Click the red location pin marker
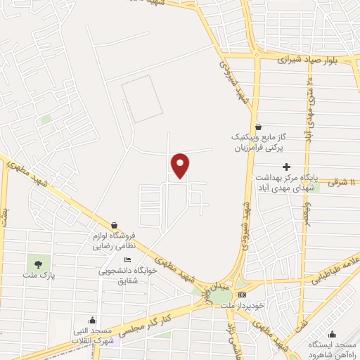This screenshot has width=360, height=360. click(181, 165)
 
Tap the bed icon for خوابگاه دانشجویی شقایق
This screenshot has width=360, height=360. click(127, 259)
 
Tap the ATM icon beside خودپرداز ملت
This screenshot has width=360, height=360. click(243, 294)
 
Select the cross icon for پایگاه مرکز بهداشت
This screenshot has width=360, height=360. click(286, 167)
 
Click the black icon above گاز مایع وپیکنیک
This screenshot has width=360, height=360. click(259, 126)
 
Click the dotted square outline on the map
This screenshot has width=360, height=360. click(141, 99)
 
